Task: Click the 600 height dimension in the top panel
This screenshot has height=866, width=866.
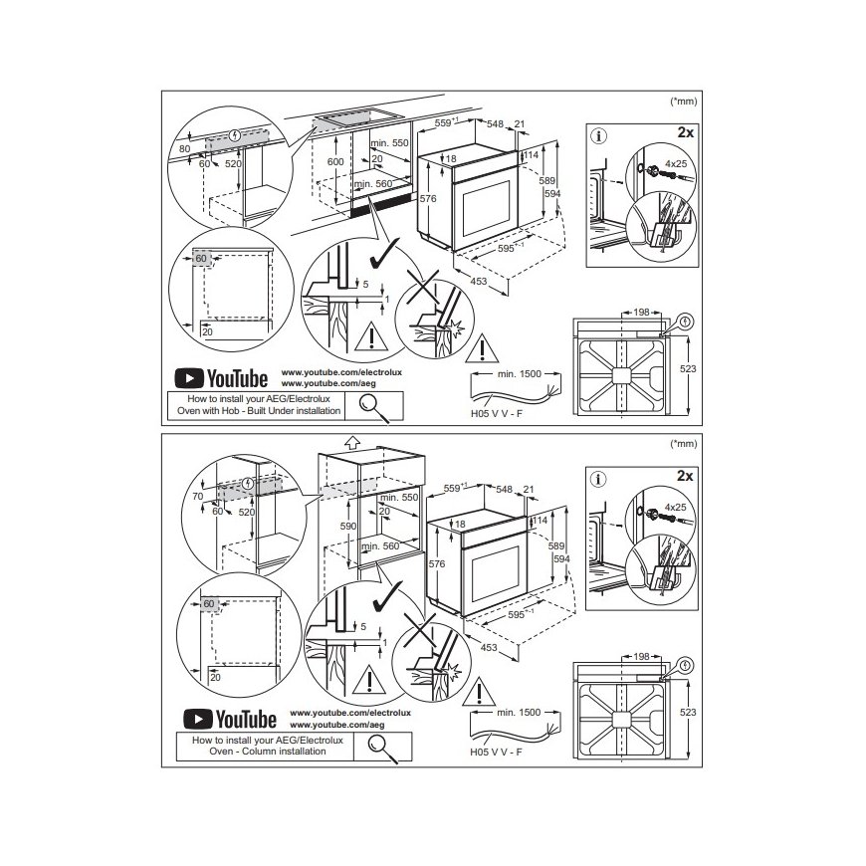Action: (335, 161)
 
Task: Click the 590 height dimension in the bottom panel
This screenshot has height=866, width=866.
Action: (348, 526)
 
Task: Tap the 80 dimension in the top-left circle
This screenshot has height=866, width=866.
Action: (184, 148)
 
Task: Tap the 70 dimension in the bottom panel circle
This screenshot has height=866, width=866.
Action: (198, 496)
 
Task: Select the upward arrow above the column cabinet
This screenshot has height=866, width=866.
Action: (351, 442)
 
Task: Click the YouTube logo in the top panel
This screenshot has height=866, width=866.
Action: (221, 378)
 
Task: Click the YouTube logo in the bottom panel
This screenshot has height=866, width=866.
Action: (230, 719)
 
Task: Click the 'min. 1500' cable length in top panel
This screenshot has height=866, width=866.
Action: (520, 374)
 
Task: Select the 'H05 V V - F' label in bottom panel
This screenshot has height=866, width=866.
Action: (496, 752)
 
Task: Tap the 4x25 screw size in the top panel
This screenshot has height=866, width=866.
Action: (676, 163)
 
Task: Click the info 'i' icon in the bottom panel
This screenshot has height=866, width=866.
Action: (598, 479)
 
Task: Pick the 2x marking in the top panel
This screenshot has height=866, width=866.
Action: (686, 132)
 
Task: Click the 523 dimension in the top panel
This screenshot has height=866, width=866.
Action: (688, 368)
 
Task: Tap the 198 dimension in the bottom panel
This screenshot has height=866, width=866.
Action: (641, 656)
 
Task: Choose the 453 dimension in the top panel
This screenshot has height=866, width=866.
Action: (478, 281)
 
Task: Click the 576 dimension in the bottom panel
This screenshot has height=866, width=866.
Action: (437, 563)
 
